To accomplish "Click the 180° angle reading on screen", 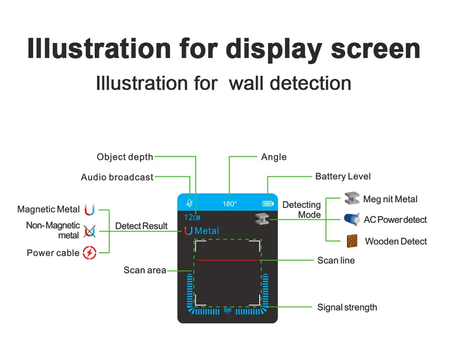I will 229,204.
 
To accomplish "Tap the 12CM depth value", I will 192,217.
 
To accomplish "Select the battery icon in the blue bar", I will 268,203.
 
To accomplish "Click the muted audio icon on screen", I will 189,203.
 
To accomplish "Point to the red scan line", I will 227,260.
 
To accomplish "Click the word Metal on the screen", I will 207,231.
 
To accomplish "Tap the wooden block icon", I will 352,241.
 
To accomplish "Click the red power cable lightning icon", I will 90,253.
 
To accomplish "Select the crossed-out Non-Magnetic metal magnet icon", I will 90,231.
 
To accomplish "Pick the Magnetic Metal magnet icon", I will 90,210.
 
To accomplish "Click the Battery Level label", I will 343,176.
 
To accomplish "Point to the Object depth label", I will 125,157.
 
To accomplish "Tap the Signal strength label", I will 347,307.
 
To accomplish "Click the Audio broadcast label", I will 117,177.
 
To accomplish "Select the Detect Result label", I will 141,226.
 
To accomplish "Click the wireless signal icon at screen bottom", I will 227,310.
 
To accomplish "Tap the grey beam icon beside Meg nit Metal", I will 351,198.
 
